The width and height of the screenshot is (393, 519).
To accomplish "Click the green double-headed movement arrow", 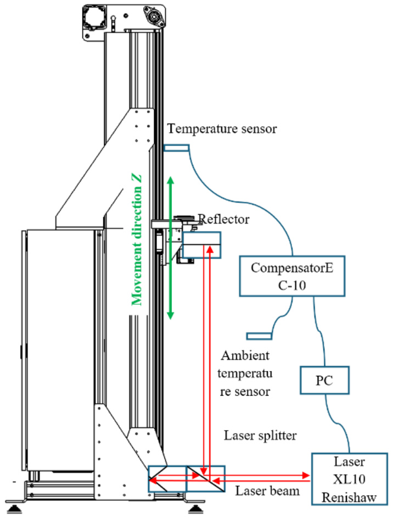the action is [x=170, y=248].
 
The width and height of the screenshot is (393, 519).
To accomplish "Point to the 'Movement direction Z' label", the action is [x=137, y=240].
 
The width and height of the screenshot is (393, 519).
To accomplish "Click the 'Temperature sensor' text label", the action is [x=222, y=129].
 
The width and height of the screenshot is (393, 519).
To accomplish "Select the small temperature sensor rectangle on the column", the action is [x=177, y=148].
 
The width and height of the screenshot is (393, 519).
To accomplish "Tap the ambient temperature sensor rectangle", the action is [x=260, y=336].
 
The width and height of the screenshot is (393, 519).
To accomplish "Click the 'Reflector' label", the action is [x=223, y=219].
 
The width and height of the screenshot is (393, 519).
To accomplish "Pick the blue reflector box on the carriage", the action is [x=201, y=245].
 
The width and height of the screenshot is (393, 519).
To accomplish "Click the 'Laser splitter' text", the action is [x=260, y=436].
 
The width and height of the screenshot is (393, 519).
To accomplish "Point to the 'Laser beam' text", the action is [x=267, y=491].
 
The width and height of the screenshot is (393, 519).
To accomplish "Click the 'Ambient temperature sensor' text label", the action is [x=245, y=373].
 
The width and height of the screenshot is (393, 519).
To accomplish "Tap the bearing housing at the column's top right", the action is [x=153, y=15].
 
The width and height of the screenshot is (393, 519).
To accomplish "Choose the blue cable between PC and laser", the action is [x=338, y=423].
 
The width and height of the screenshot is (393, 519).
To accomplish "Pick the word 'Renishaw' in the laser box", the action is [x=349, y=497].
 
